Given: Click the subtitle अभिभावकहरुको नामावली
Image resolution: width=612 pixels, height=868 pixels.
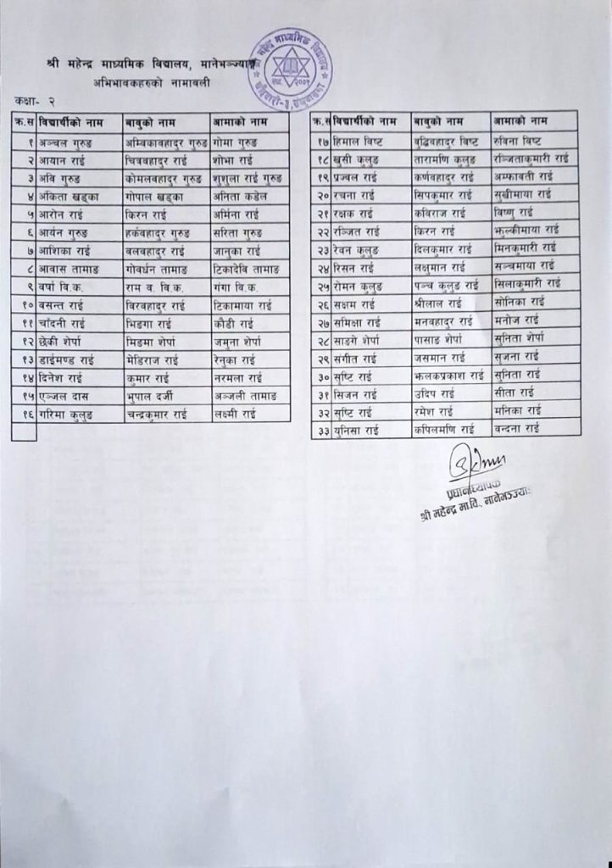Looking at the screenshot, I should pyautogui.click(x=153, y=83).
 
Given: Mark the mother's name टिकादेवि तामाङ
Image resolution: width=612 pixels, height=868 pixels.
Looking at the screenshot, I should pyautogui.click(x=247, y=269).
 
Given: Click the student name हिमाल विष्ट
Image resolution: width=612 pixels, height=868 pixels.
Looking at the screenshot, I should pyautogui.click(x=357, y=141).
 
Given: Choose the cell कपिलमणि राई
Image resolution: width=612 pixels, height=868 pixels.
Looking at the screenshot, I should pyautogui.click(x=445, y=429).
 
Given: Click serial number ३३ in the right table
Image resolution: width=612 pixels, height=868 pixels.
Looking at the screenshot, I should pyautogui.click(x=321, y=430).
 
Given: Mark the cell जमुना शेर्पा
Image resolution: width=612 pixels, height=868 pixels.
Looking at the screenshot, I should pyautogui.click(x=239, y=342).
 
